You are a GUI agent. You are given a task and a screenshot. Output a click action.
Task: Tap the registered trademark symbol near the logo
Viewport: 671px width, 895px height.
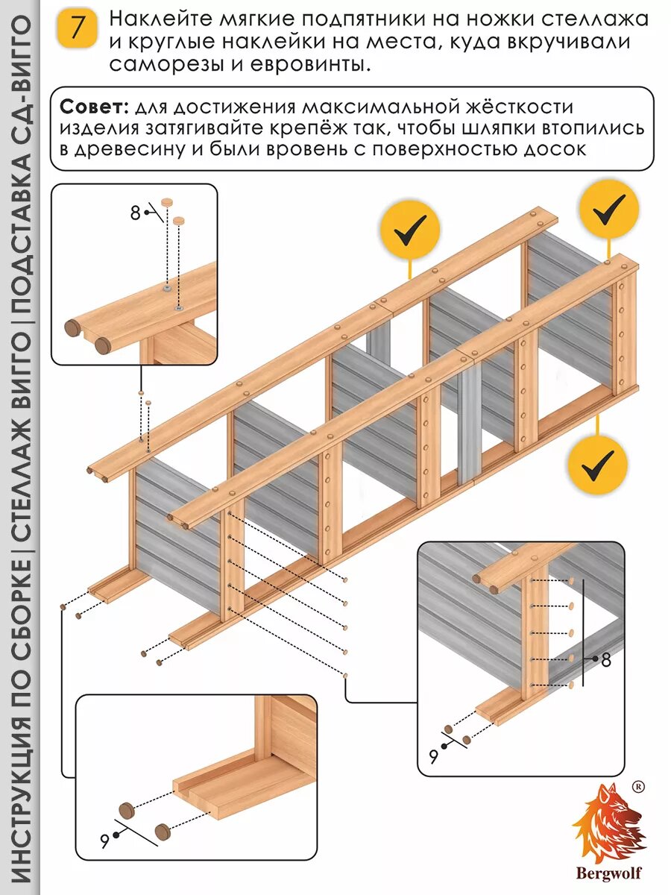pos(638,786)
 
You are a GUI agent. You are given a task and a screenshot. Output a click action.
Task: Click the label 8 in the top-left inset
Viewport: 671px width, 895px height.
pos(135,213)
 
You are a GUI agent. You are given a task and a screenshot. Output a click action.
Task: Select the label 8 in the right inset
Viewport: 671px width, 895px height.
pos(605,659)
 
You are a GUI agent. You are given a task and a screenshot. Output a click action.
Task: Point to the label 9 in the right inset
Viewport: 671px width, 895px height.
pos(433,756)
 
